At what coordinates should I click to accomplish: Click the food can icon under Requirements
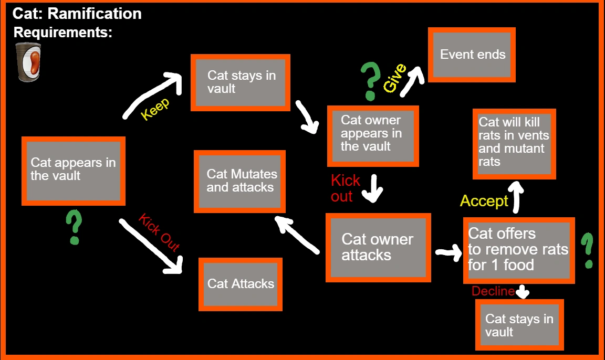pyautogui.click(x=28, y=62)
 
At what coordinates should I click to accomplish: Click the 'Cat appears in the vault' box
pyautogui.click(x=74, y=171)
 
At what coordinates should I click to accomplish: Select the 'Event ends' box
pyautogui.click(x=472, y=55)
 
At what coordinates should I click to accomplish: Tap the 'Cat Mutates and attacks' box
pyautogui.click(x=239, y=181)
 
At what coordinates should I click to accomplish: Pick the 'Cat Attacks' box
pyautogui.click(x=240, y=284)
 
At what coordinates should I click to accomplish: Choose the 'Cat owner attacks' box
pyautogui.click(x=378, y=247)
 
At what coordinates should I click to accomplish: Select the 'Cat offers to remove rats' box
pyautogui.click(x=517, y=249)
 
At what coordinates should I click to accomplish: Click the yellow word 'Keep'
pyautogui.click(x=155, y=109)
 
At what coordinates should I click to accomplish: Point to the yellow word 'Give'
pyautogui.click(x=394, y=78)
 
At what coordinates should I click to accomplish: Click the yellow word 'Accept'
pyautogui.click(x=484, y=201)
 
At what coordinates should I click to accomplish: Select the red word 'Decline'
pyautogui.click(x=493, y=291)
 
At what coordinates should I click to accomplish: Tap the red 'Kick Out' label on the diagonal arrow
pyautogui.click(x=159, y=232)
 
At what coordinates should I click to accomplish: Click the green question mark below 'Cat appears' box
pyautogui.click(x=74, y=227)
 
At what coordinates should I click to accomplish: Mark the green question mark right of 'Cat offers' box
pyautogui.click(x=588, y=251)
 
